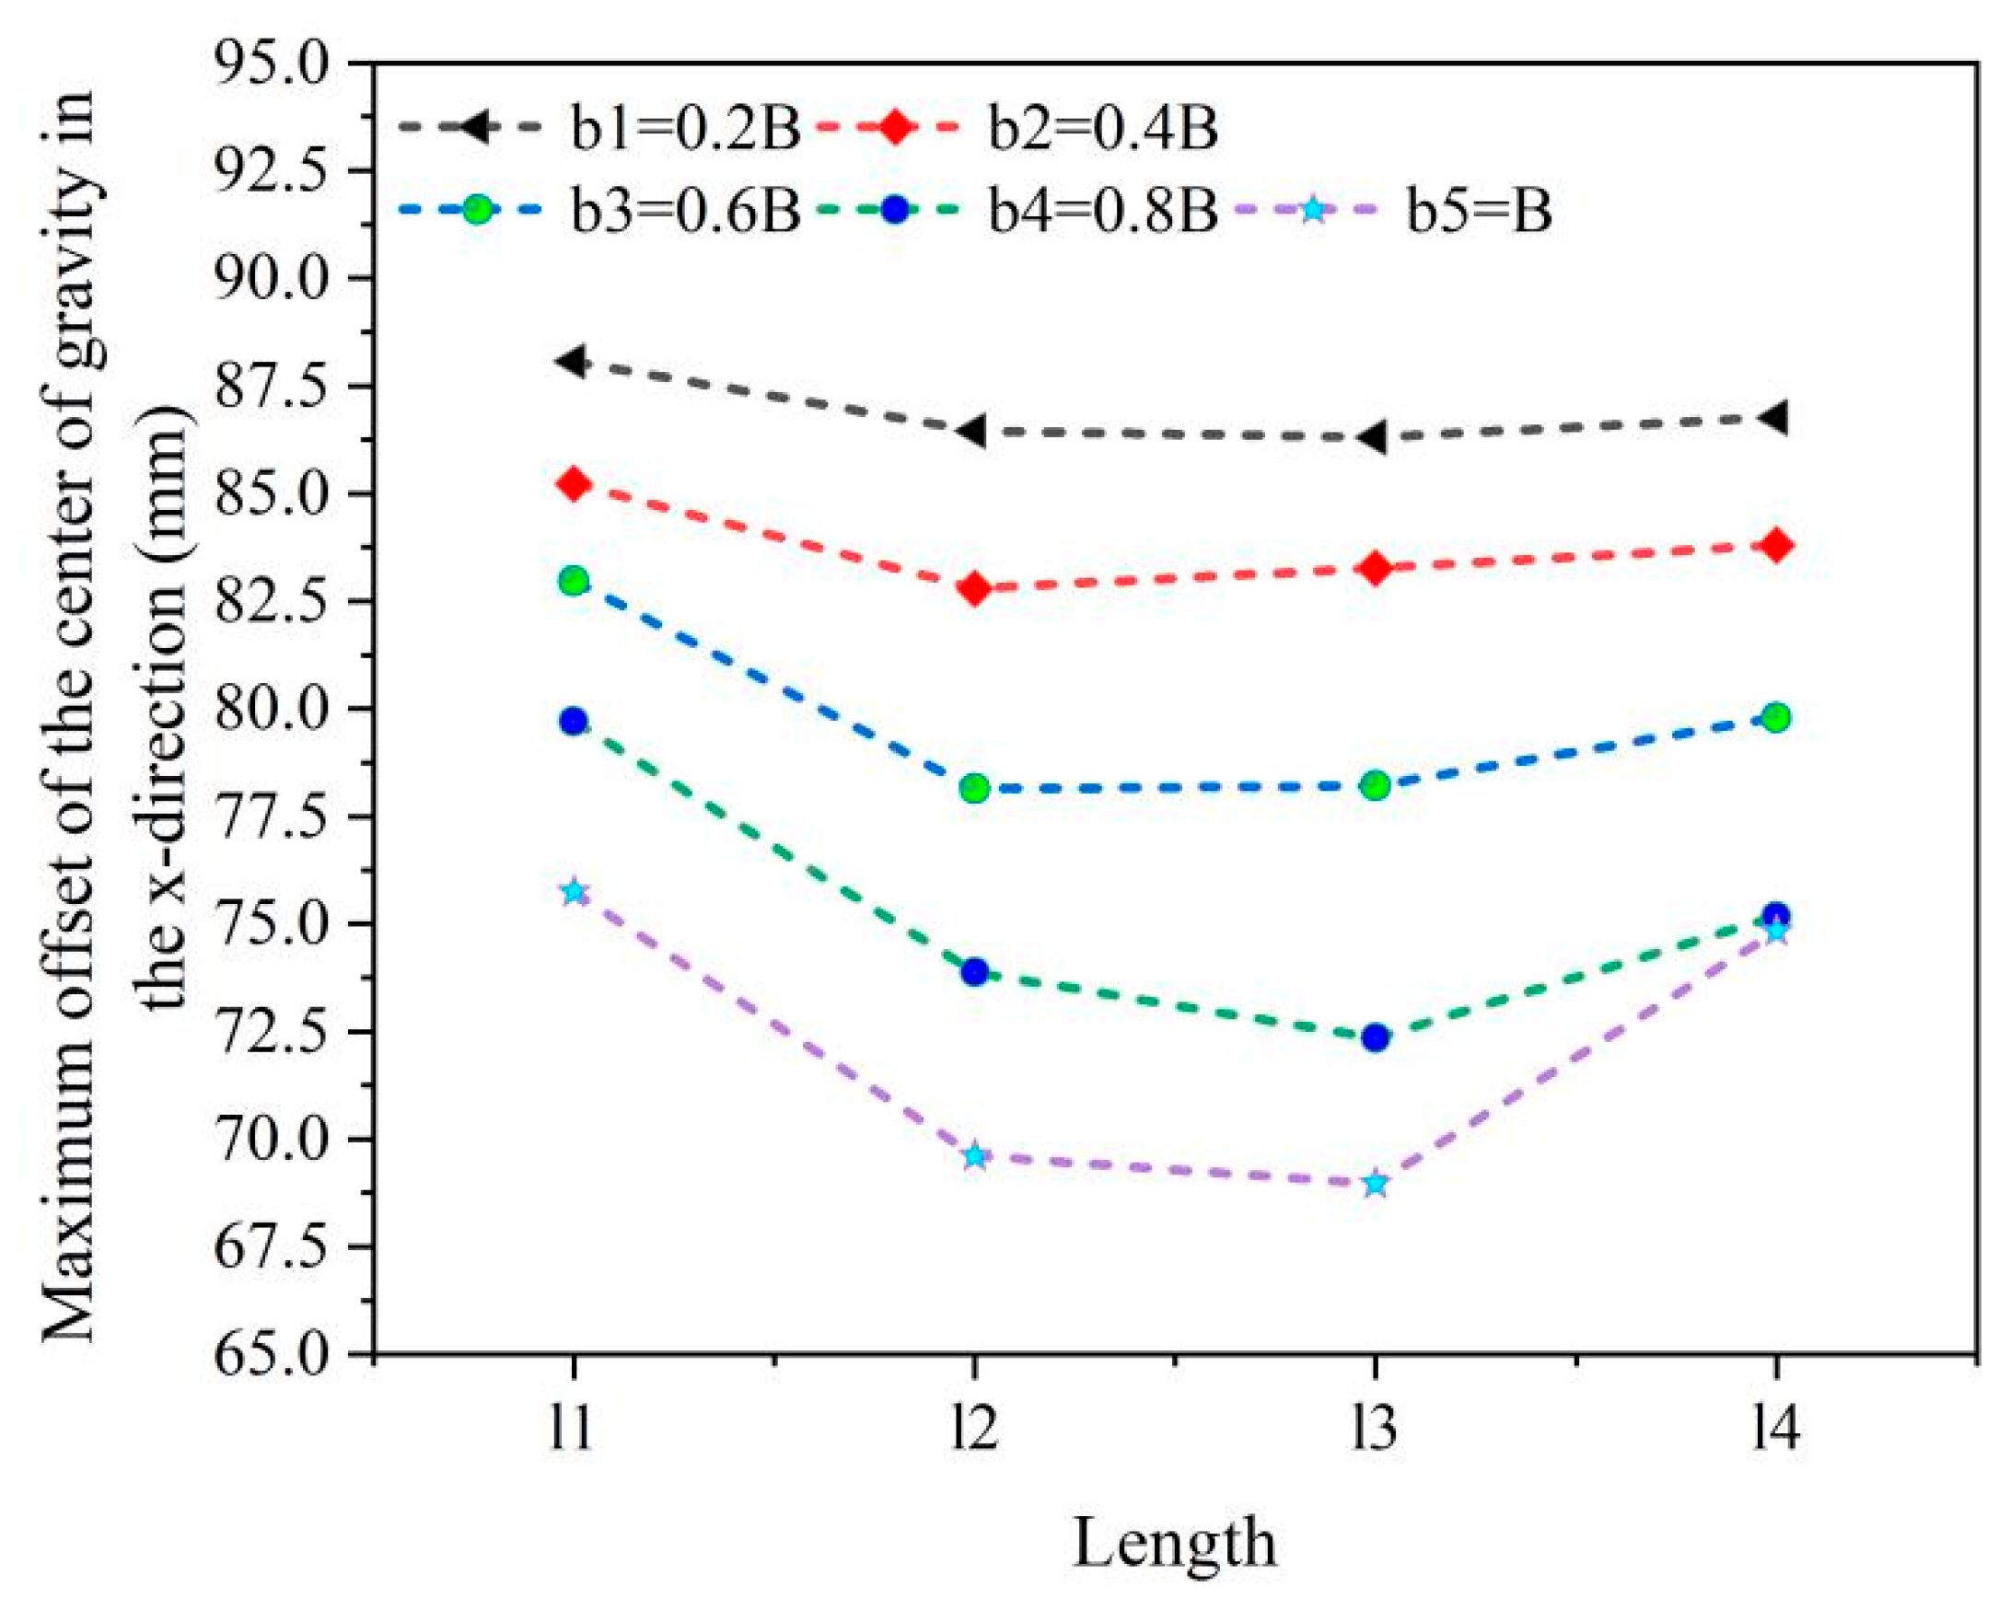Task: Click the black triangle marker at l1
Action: pos(572,361)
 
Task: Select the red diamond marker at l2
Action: pos(975,588)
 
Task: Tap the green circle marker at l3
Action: pos(1375,785)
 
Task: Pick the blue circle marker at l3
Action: pos(1375,1037)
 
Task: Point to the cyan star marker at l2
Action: pos(975,1156)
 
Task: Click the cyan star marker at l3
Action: pos(1375,1184)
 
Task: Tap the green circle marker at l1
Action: pos(575,581)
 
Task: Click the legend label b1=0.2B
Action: pos(685,130)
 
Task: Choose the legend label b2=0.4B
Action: pos(1103,130)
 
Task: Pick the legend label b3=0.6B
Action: pos(685,212)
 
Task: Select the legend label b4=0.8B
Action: pos(1103,212)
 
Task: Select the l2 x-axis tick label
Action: pos(975,1430)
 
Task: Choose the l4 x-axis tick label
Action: pos(1775,1430)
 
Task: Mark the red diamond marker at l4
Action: pos(1776,545)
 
